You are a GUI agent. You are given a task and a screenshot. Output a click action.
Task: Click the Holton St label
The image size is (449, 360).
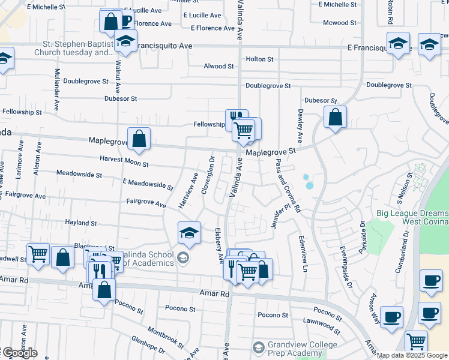(259, 59)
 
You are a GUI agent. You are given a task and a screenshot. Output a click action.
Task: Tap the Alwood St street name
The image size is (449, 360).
(218, 66)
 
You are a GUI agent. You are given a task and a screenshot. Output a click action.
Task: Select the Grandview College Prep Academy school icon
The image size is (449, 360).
(258, 347)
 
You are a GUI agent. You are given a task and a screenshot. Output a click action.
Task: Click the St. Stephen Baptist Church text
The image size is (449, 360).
(78, 48)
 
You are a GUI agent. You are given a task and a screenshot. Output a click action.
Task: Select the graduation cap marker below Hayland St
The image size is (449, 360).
(189, 233)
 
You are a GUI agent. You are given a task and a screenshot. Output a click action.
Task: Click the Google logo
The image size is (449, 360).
(19, 353)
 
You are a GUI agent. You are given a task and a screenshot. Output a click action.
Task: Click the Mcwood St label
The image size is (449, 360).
(339, 23)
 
